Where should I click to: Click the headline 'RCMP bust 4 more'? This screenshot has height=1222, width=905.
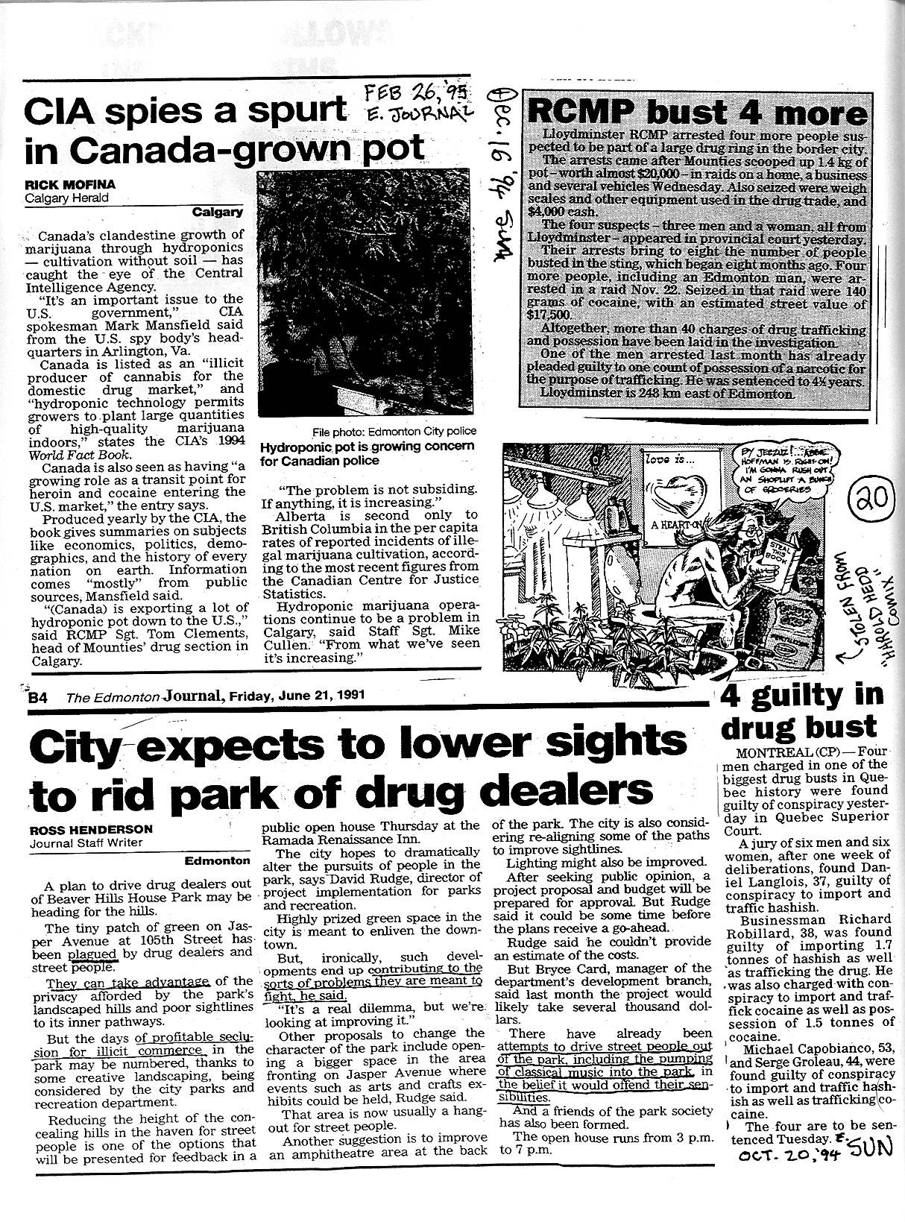(x=696, y=114)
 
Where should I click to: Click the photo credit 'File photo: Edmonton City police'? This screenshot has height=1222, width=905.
(x=395, y=431)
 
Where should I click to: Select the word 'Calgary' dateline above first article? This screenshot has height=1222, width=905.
(x=218, y=212)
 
